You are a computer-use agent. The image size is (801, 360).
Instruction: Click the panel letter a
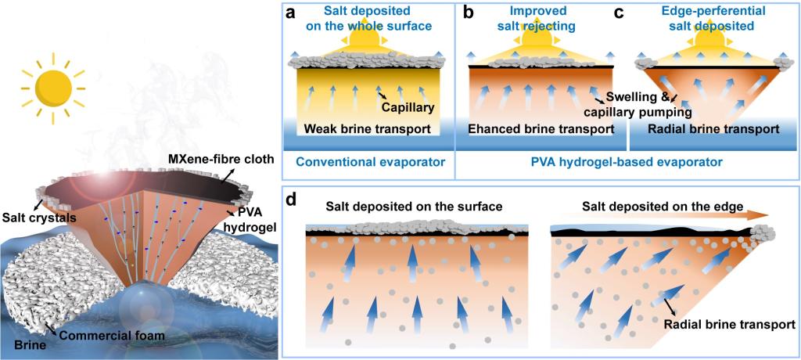291,13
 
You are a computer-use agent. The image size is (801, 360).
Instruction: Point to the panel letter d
291,199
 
